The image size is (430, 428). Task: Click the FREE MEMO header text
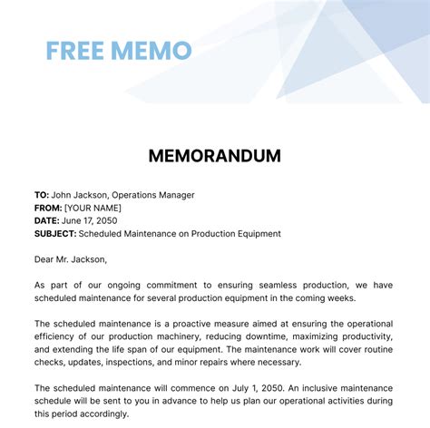click(118, 49)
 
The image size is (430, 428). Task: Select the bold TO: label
click(42, 195)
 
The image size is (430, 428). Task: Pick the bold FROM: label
click(49, 208)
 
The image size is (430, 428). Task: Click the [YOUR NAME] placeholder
click(100, 208)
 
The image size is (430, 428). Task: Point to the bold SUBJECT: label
click(56, 233)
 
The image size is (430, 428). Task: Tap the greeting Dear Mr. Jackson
click(70, 259)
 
